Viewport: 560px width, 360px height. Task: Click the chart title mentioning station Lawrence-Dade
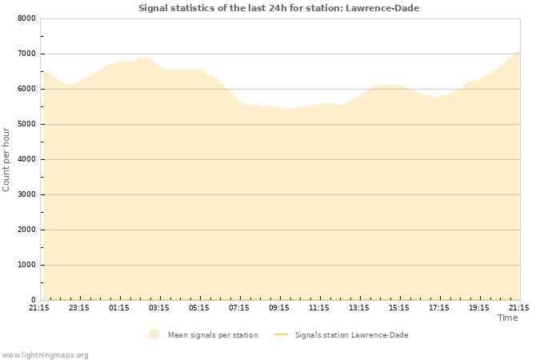278,8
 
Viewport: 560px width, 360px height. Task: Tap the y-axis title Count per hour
6,159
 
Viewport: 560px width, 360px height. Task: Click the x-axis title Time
507,318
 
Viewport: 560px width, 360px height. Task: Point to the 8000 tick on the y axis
26,18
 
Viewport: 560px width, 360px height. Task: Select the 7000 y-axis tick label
26,54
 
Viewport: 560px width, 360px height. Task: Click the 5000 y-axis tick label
26,124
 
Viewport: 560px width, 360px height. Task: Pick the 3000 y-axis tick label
26,194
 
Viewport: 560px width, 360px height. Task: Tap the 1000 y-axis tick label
26,265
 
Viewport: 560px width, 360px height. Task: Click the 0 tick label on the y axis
33,300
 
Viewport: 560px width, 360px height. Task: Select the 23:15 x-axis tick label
79,307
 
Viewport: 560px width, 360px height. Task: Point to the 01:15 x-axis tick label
119,307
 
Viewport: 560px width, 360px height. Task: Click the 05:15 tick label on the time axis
199,307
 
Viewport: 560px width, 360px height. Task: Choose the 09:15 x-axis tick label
279,307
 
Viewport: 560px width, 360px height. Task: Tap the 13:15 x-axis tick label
359,307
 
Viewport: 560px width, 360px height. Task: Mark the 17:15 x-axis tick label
439,307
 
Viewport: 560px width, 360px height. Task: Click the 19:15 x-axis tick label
479,307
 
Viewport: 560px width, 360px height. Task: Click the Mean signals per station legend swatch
154,334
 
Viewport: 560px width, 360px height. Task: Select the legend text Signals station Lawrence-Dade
351,335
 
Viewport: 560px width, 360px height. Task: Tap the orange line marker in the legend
281,334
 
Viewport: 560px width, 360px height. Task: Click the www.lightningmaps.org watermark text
46,354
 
